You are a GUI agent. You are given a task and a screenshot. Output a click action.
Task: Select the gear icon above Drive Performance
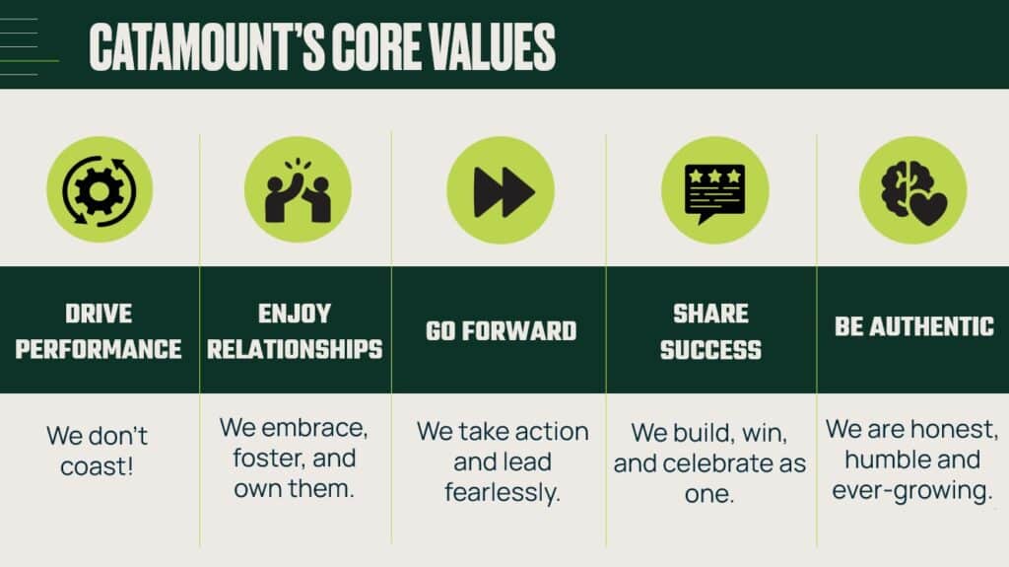[x=100, y=190]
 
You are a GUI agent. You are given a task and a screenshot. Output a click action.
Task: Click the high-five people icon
[x=298, y=191]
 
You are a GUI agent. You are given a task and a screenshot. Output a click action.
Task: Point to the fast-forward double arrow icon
[x=504, y=192]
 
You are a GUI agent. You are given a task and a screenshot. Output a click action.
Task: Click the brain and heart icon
[x=913, y=192]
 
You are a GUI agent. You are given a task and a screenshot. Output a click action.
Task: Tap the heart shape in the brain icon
[x=928, y=207]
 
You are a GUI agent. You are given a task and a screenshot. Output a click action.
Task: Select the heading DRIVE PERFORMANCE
[x=99, y=331]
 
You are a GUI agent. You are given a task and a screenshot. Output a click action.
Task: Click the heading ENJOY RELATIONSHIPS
[x=295, y=331]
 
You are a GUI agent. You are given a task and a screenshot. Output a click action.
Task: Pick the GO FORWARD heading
[x=501, y=331]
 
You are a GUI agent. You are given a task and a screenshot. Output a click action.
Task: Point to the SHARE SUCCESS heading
[x=711, y=332]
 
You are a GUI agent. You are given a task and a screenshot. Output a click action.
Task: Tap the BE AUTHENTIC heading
[x=914, y=326]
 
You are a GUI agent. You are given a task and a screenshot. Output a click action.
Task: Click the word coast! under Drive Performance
[x=98, y=465]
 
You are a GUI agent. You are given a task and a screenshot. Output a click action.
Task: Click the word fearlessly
[x=503, y=493]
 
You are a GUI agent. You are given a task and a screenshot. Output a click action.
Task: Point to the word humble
[x=882, y=460]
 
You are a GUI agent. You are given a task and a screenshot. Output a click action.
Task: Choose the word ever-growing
[x=911, y=490]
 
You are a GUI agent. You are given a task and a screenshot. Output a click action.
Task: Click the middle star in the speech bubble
[x=715, y=176]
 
